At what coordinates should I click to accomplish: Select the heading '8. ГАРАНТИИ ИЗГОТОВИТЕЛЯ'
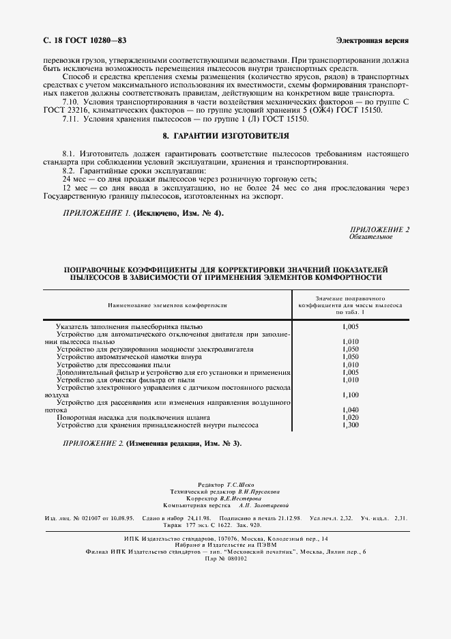(225, 137)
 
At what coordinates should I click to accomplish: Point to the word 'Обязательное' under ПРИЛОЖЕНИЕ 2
(371, 237)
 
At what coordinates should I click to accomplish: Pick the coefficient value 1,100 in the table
(350, 395)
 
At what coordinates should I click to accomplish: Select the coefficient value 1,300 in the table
(350, 425)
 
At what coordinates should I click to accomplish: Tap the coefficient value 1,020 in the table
(350, 417)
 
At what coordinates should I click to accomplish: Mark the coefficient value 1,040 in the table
(350, 410)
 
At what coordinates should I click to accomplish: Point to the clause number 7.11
(71, 119)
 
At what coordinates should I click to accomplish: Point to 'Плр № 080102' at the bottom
(225, 558)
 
